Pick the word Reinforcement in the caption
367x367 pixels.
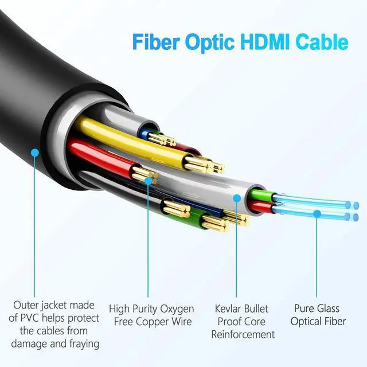pos(243,334)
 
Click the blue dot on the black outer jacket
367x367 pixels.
pos(35,153)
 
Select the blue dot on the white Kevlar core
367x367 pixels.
pos(236,198)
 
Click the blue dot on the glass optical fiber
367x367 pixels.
pos(317,213)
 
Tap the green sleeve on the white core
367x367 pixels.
pos(259,196)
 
